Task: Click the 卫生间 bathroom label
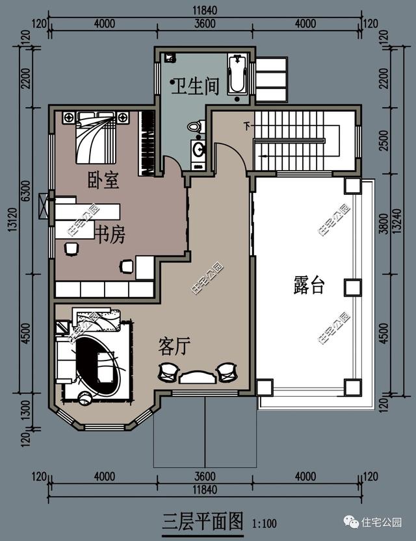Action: pos(194,86)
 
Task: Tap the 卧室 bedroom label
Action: pos(103,180)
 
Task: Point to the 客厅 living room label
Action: pos(174,347)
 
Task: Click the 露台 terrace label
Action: pos(308,284)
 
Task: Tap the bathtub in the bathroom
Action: pos(237,74)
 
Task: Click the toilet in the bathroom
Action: pos(194,127)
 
